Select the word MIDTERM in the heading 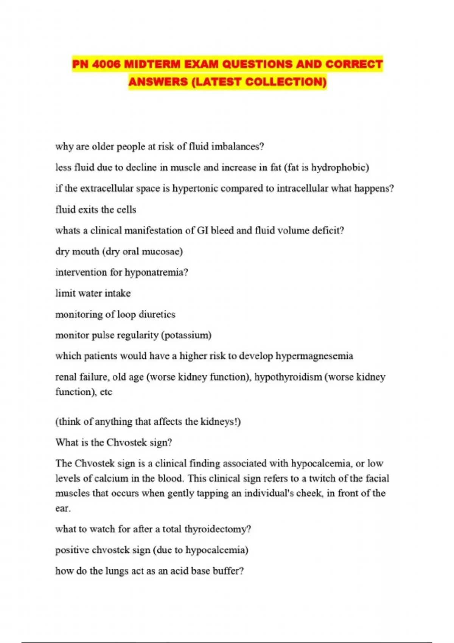(152, 64)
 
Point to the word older (103, 146)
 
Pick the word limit (64, 293)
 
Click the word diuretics (157, 314)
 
